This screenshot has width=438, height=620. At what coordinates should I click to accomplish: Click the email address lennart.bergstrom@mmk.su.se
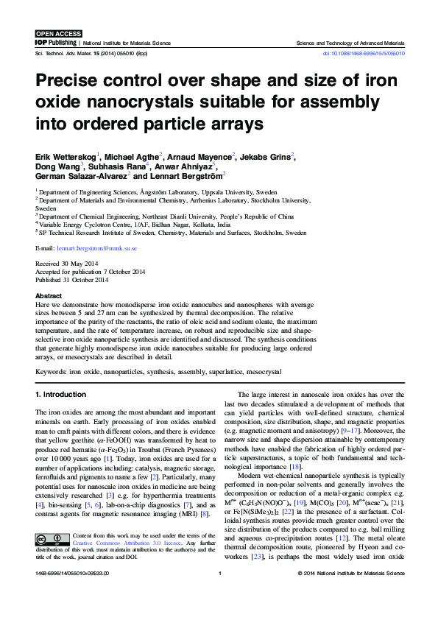click(x=96, y=249)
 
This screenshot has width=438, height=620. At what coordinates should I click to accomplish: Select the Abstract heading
click(x=49, y=295)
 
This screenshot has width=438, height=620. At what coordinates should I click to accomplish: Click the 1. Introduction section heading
click(x=61, y=395)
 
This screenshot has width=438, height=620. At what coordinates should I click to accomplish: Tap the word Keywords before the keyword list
click(x=53, y=373)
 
